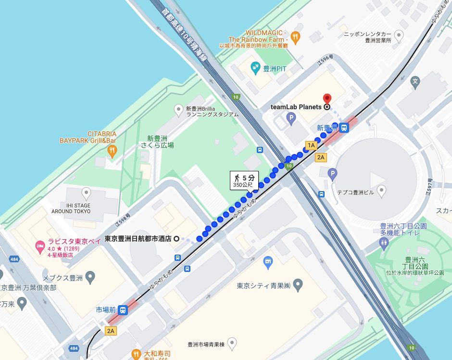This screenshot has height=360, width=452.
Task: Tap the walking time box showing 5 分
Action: tap(244, 180)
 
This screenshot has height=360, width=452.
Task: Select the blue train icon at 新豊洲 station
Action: tap(344, 128)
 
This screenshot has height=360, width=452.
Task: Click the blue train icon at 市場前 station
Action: tap(123, 310)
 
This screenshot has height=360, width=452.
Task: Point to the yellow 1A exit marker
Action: tap(311, 145)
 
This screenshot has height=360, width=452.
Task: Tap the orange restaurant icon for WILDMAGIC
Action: tap(296, 36)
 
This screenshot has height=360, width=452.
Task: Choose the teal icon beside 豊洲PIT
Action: tap(255, 69)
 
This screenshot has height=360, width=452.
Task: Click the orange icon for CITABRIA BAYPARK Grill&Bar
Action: tap(113, 151)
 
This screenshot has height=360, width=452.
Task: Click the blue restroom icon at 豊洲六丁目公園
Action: tap(383, 243)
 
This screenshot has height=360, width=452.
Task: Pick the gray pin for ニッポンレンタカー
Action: tap(399, 35)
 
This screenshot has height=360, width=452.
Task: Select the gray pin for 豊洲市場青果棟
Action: tap(232, 344)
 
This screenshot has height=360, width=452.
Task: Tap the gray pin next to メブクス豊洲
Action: tap(90, 277)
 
